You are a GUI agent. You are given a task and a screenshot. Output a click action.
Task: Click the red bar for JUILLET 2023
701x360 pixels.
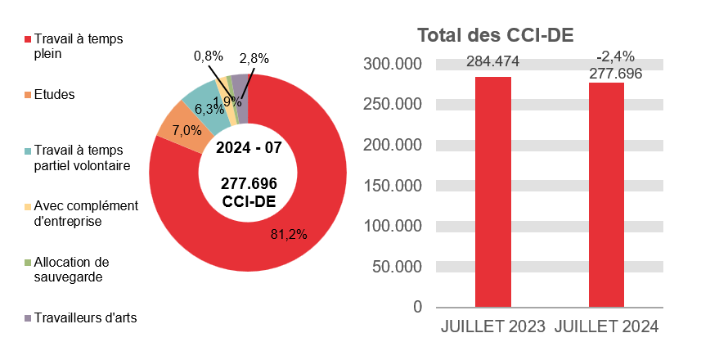pos(493,192)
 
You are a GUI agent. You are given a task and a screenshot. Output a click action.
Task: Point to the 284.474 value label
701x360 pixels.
pos(493,62)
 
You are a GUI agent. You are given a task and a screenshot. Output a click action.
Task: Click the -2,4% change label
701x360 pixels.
pos(615,56)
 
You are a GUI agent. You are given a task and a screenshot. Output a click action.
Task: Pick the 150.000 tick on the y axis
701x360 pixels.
pos(395,185)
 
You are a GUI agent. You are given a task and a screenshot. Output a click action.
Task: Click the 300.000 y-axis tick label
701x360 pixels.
pos(395,64)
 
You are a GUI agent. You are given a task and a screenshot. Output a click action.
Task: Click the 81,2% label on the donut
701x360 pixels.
pos(288,234)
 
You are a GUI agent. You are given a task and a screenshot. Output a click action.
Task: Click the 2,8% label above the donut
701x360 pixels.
pos(254,58)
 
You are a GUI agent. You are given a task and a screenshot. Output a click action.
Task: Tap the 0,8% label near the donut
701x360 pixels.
pos(209,56)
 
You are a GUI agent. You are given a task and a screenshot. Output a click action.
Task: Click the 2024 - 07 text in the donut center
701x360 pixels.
pos(248,148)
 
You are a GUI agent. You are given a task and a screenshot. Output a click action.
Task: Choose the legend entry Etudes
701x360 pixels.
pos(56,94)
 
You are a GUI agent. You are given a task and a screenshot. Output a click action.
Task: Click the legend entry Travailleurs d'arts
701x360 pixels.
pos(85,317)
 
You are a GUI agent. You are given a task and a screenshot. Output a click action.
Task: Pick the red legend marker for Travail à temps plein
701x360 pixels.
pos(28,39)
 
